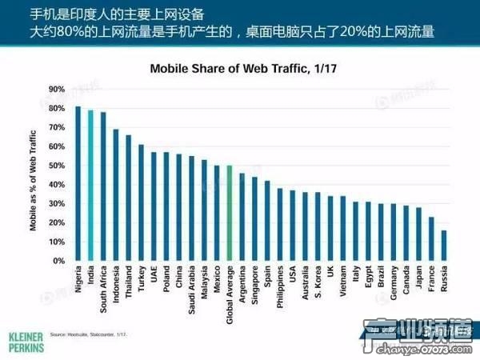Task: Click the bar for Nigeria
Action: click(78, 183)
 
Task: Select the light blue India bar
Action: click(90, 186)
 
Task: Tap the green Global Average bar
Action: click(230, 213)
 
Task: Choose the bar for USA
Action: click(293, 226)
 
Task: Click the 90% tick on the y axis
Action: click(56, 89)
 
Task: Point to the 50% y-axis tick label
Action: click(56, 166)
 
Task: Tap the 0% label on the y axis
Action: click(58, 261)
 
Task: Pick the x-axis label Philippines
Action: click(281, 289)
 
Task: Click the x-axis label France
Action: click(432, 280)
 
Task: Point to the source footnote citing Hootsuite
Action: click(89, 334)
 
